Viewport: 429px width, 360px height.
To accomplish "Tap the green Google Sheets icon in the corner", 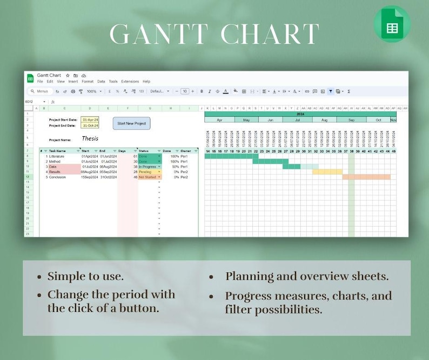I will [392, 24].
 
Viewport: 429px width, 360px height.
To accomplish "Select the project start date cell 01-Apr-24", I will [90, 119].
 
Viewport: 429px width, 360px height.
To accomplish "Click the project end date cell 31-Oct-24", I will [90, 125].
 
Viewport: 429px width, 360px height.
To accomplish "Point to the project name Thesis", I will [90, 139].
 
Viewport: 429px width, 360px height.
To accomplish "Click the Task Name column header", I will [58, 151].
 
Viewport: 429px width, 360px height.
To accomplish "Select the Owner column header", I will [185, 151].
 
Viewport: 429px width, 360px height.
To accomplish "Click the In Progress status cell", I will [147, 166].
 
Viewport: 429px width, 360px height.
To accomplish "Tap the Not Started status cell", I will [147, 177].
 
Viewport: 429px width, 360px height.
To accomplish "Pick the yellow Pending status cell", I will [146, 172].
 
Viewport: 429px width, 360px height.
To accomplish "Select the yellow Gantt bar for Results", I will [327, 172].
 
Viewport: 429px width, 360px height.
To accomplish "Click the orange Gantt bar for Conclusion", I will [366, 177].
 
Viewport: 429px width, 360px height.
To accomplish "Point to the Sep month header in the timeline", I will [351, 120].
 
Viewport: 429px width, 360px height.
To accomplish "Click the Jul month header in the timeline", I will [298, 120].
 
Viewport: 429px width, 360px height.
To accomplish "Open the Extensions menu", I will [130, 82].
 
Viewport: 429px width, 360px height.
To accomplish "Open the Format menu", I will [88, 82].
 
